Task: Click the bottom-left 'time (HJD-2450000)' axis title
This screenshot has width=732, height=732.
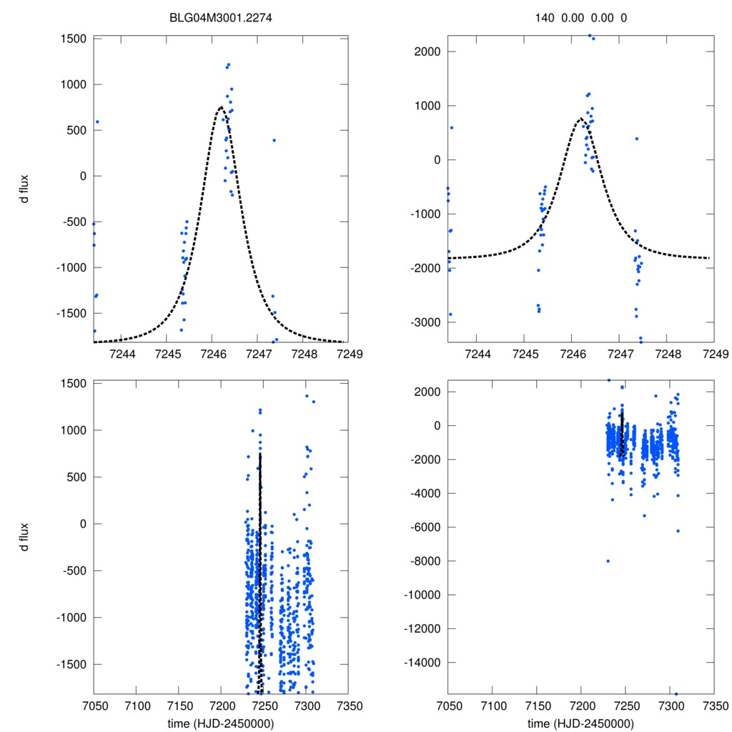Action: (x=219, y=723)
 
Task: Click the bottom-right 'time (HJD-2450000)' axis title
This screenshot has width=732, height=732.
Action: (x=580, y=723)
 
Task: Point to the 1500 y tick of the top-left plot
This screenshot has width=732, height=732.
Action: (x=71, y=39)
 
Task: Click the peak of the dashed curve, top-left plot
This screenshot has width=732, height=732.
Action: (x=220, y=107)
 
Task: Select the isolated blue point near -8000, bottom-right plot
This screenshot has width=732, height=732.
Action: (x=608, y=561)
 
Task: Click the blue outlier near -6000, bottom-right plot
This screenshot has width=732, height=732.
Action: (x=677, y=530)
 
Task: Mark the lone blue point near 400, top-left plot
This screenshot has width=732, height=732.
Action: (x=274, y=140)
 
